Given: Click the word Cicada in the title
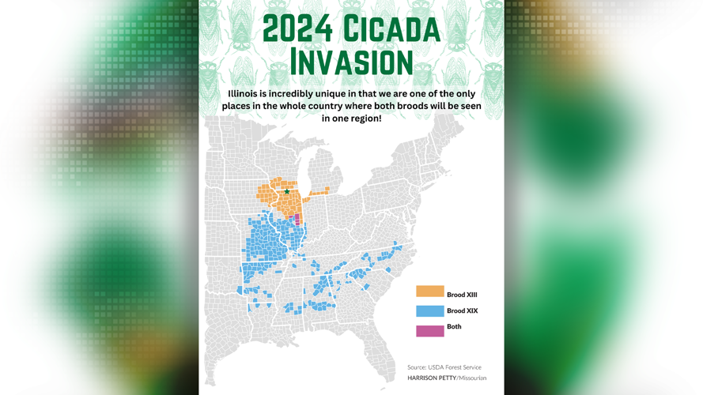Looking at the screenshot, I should [391, 29].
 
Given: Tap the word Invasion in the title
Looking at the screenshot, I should [351, 63].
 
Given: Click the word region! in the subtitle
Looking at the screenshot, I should [362, 118].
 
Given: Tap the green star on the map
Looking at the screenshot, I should [287, 191].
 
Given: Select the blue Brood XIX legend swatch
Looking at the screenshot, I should [430, 311].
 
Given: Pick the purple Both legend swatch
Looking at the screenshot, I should [430, 329].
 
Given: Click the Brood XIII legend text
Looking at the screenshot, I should [462, 295].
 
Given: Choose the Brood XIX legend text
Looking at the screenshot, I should [462, 311].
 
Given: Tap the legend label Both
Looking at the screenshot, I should [454, 326].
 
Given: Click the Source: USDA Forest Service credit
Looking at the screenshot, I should [444, 367].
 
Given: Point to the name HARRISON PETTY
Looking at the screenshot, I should [431, 378].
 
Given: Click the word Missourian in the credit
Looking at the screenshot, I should [473, 378].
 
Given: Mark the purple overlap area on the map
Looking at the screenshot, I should [297, 220].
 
